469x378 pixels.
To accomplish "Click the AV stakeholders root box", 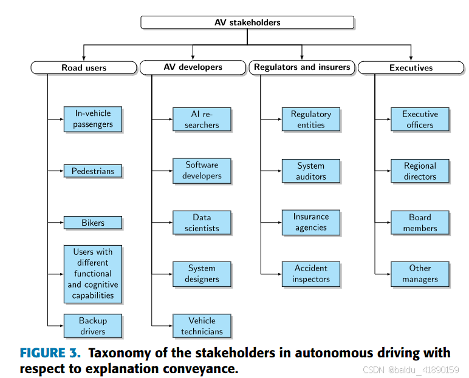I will pos(247,22).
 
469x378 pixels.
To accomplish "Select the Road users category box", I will pos(84,67).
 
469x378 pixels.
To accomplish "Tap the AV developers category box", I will pos(193,67).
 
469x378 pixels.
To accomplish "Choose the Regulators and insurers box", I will pos(302,67).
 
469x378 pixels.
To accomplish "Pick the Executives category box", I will pos(411,67).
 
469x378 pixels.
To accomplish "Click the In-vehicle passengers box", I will pos(93,119).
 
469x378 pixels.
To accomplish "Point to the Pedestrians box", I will pos(93,171).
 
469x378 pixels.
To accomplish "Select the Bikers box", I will pos(93,223).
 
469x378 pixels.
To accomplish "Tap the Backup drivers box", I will pos(93,326).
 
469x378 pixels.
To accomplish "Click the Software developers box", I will pos(202,170).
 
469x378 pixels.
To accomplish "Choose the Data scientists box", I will pos(202,223).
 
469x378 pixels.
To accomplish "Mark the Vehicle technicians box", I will pos(202,326).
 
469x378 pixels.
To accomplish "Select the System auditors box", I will pos(310,171).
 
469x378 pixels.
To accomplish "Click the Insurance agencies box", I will pos(310,222).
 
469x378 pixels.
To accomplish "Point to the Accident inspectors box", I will pos(310,274).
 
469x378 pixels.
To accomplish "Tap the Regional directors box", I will pos(420,171).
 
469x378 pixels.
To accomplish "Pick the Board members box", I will pos(420,223).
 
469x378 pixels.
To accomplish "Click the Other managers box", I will pos(420,274).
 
